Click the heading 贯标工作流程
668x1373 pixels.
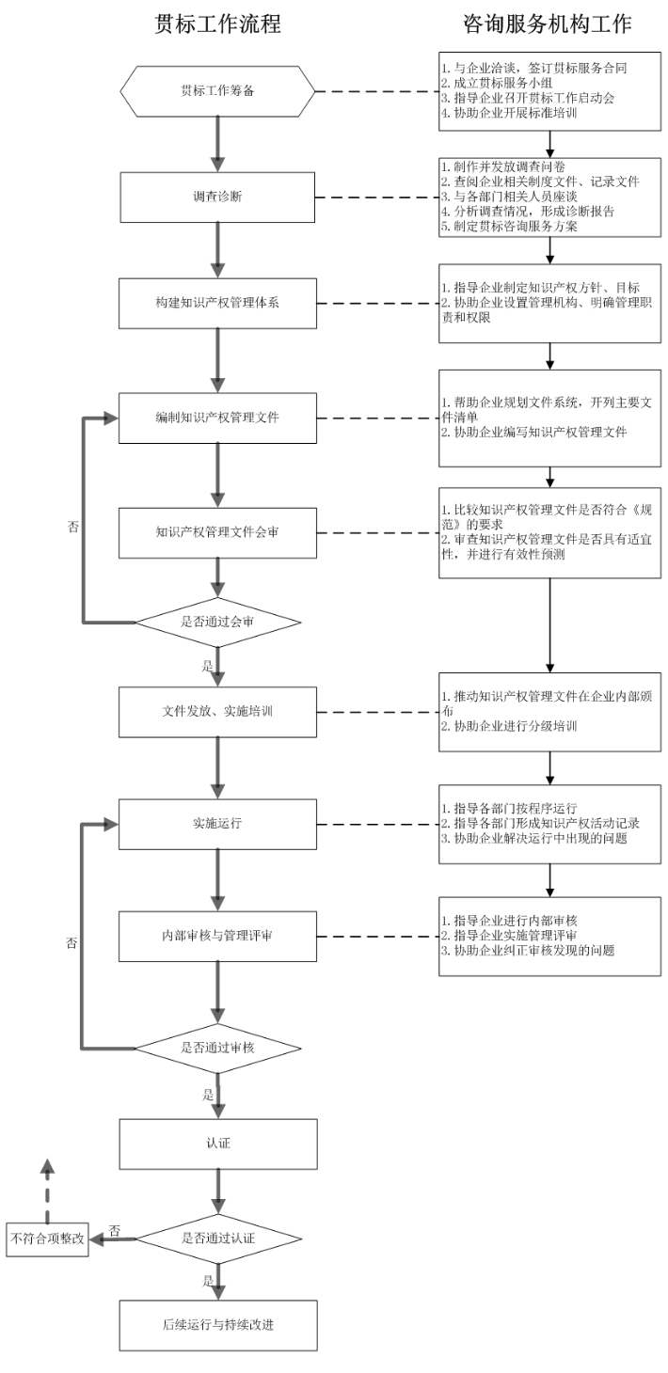(x=217, y=25)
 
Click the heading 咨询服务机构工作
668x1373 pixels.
(x=548, y=25)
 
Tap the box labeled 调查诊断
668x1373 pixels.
(x=217, y=199)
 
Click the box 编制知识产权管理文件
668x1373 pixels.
(x=217, y=416)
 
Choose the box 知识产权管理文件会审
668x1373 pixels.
(x=217, y=533)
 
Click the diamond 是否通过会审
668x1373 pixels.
(x=217, y=623)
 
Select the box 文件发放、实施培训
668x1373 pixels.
(x=217, y=711)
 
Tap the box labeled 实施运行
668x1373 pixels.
(x=217, y=823)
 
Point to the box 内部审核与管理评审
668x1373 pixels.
(x=217, y=938)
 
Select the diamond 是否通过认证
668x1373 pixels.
(x=217, y=1238)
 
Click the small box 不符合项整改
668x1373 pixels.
(x=47, y=1239)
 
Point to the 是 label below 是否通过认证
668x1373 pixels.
(x=208, y=1281)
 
